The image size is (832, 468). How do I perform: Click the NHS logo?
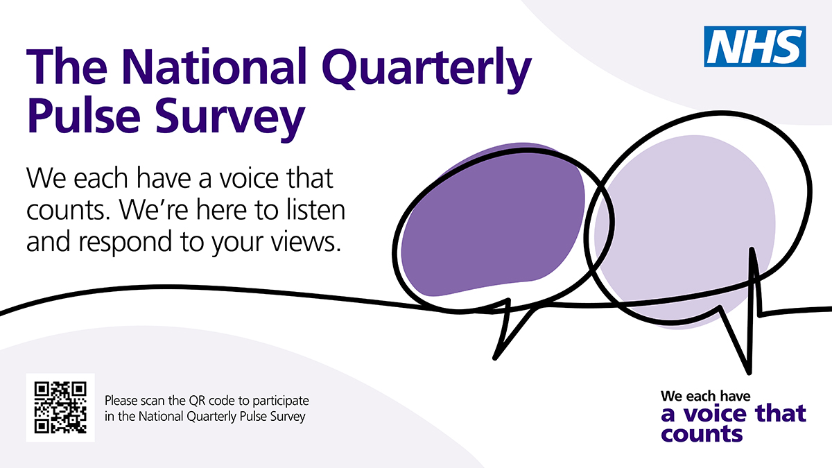coord(755,46)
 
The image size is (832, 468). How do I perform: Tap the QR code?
coord(60,408)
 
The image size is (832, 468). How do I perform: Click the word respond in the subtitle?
coord(125,243)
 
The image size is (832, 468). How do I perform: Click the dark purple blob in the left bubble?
coord(493,220)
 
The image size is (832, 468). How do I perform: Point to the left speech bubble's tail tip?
coord(494,358)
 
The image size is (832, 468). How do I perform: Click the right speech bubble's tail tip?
coord(749,372)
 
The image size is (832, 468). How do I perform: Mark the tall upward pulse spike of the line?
coord(752,250)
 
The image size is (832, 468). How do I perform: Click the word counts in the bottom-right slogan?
coord(702,434)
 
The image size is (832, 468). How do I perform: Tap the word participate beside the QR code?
coord(280,401)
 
